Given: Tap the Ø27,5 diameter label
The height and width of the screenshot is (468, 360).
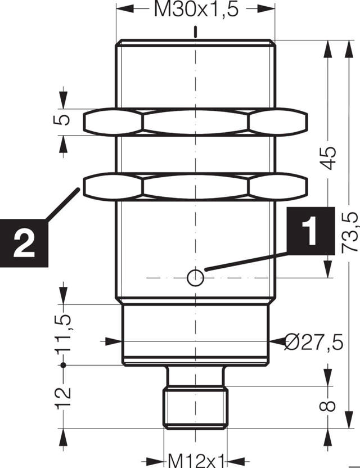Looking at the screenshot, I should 313,341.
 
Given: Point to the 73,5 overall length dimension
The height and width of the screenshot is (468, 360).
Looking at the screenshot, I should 350,232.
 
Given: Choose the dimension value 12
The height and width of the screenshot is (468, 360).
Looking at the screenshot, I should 64,397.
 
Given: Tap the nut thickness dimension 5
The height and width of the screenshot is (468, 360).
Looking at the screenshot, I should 64,120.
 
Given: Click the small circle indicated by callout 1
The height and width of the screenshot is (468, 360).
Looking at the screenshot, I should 195,276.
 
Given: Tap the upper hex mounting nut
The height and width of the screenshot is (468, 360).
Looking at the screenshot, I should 195,123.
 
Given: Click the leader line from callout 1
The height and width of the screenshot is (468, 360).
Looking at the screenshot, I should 247,262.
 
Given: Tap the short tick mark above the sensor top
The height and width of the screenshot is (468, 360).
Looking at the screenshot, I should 195,31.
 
